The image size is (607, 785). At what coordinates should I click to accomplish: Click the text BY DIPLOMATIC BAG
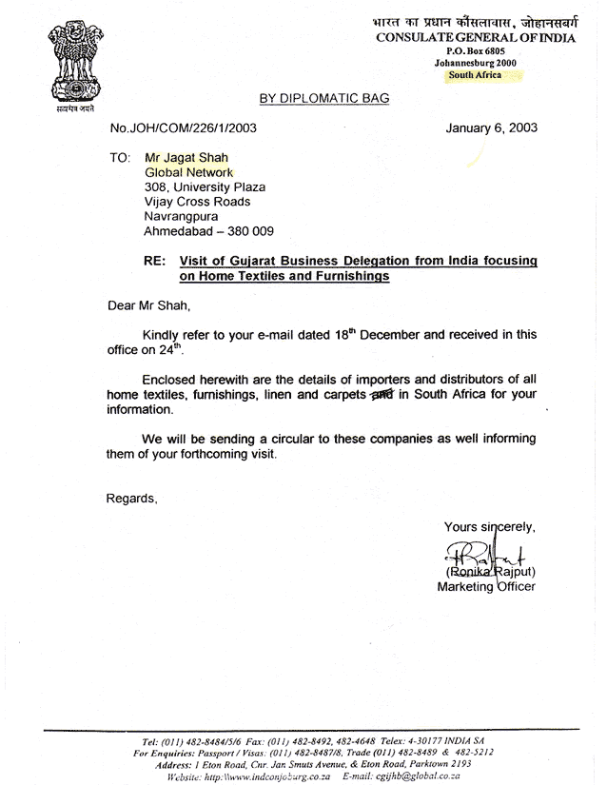click(x=323, y=98)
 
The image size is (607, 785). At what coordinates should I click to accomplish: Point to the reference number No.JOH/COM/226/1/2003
click(x=184, y=128)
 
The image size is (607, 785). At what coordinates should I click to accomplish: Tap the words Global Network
click(x=188, y=171)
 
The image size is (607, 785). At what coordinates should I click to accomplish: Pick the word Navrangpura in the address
click(x=181, y=217)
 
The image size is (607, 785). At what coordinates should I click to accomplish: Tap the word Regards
click(x=130, y=498)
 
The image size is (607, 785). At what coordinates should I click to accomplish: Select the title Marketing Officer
click(x=485, y=586)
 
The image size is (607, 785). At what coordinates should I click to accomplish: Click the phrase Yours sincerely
click(x=490, y=527)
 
